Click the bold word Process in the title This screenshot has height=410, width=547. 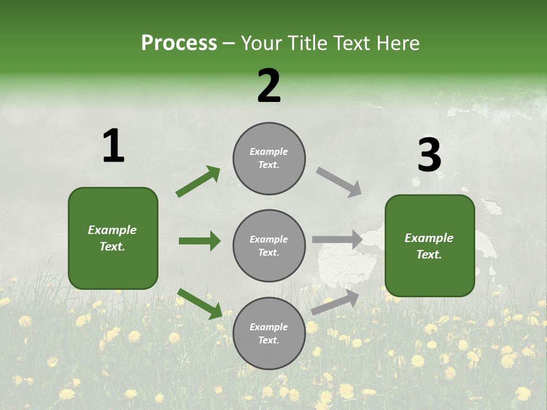click(x=179, y=43)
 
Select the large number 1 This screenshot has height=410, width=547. click(x=113, y=146)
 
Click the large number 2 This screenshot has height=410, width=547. click(x=269, y=87)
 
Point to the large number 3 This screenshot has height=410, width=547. click(x=429, y=155)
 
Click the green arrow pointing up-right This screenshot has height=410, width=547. click(x=198, y=182)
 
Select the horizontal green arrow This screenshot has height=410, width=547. click(x=199, y=241)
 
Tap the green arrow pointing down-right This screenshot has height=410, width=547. click(x=199, y=304)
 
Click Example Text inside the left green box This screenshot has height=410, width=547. click(x=113, y=238)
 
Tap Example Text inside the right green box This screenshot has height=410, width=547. click(x=429, y=246)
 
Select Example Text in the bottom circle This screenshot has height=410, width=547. click(x=269, y=334)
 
